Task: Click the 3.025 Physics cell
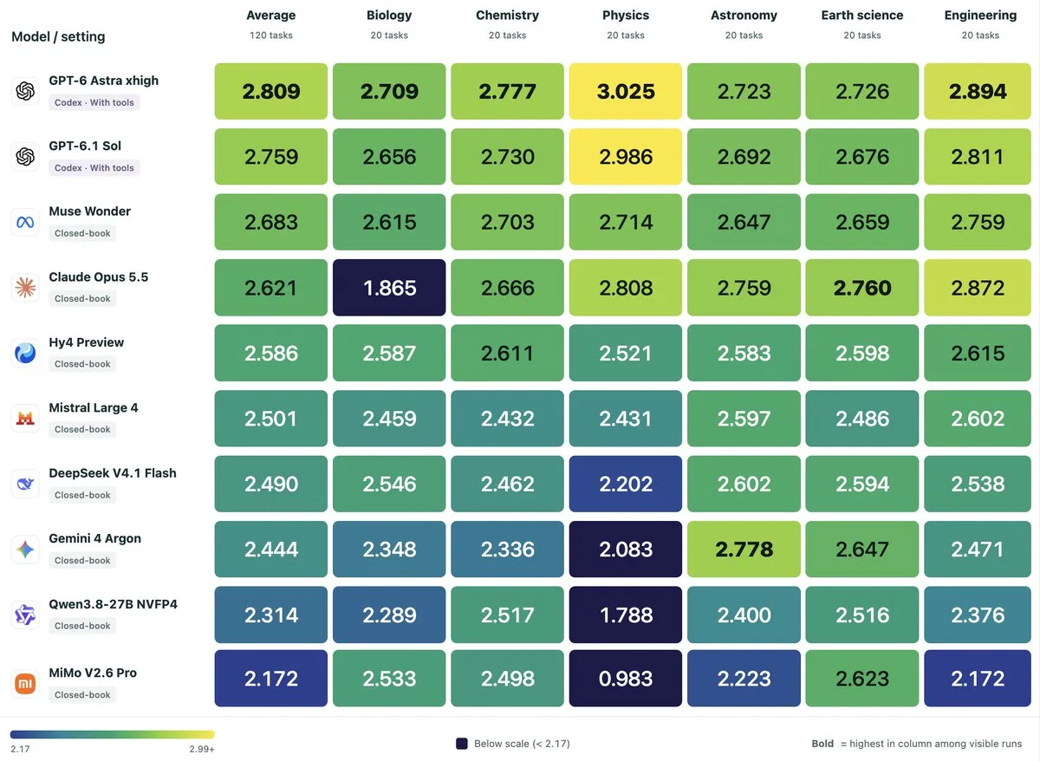click(626, 91)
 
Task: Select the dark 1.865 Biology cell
click(389, 288)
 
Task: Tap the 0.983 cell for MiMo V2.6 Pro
click(626, 679)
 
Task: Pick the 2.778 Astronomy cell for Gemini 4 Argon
click(744, 550)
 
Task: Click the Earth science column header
click(862, 16)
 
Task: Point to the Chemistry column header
click(508, 16)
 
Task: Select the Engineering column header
click(980, 16)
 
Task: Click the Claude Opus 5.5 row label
click(99, 276)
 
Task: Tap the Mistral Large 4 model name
click(94, 407)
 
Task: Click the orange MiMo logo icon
click(25, 684)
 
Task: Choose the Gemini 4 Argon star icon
click(25, 550)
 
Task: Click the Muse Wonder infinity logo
click(25, 223)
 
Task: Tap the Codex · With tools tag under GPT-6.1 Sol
click(94, 167)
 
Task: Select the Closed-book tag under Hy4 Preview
click(82, 364)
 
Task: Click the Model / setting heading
click(58, 36)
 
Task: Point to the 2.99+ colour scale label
click(201, 749)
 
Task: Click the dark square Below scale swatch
click(461, 744)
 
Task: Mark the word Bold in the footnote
click(822, 744)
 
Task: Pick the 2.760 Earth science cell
click(862, 288)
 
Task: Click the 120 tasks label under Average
click(271, 36)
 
